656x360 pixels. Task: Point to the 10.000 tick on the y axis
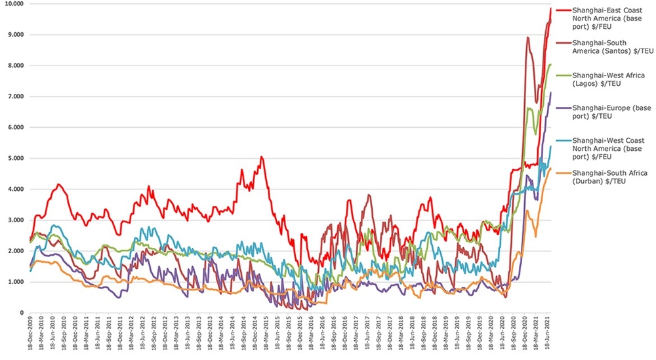(14, 4)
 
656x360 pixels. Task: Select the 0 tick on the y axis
(22, 313)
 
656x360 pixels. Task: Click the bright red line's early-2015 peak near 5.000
(262, 157)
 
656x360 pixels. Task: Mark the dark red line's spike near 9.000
(528, 37)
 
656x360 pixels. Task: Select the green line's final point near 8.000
(550, 64)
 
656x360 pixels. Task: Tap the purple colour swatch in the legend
(562, 108)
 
